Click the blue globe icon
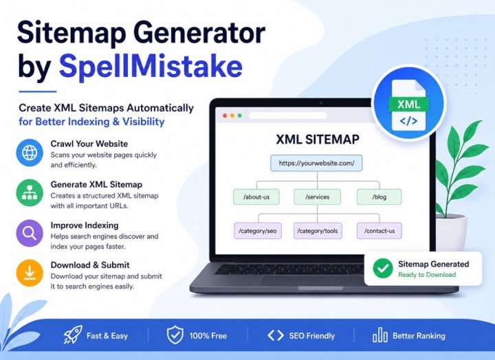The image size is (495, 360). coord(30,153)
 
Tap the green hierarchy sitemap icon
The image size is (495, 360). coord(30,193)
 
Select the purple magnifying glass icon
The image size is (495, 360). coord(30,233)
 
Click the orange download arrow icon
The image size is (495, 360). coord(30,273)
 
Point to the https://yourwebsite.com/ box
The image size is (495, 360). coord(316,163)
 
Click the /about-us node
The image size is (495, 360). coord(256,197)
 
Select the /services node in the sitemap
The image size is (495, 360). coord(317,197)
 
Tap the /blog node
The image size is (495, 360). coord(379,197)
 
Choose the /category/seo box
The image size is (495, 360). coord(258,231)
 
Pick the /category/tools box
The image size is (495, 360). coord(318,231)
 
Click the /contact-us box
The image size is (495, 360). coord(379,231)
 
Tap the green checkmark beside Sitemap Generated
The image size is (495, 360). coord(383,268)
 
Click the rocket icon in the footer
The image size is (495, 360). coord(73,335)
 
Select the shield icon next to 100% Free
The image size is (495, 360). coord(175,335)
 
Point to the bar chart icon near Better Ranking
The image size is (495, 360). coord(379,335)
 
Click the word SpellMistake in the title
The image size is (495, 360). coord(151,66)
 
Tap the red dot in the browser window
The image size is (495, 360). coord(225,116)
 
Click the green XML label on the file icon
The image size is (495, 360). coord(408,104)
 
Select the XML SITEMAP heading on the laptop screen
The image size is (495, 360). coord(318,139)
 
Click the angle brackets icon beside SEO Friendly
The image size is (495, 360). coord(276,335)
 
